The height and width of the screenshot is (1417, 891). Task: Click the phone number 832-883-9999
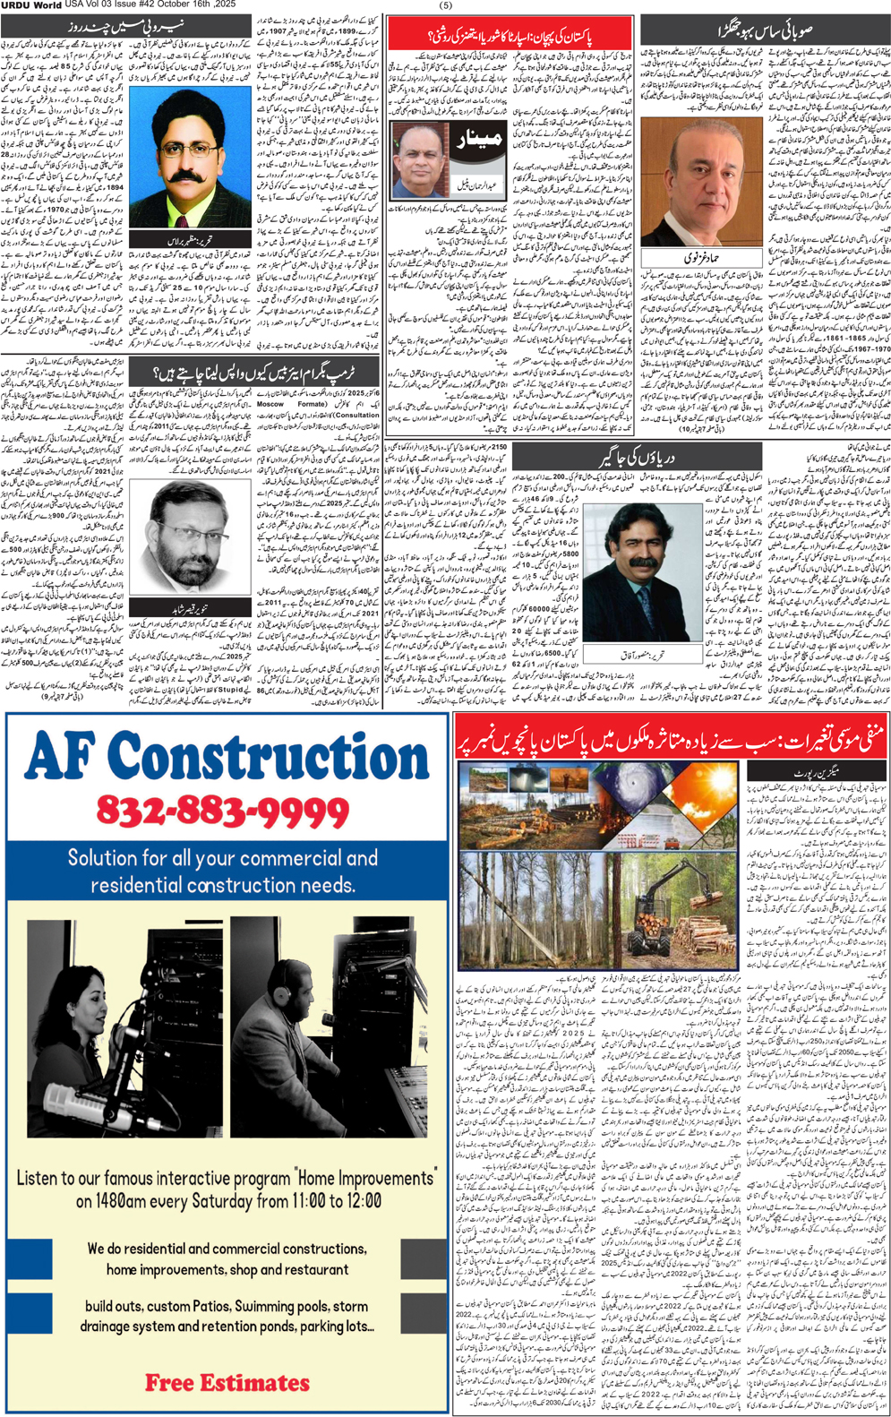pyautogui.click(x=222, y=812)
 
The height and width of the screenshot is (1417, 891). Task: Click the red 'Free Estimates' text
pyautogui.click(x=227, y=1382)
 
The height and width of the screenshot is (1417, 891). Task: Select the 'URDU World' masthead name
pyautogui.click(x=31, y=5)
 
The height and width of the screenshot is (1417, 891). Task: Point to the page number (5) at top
pyautogui.click(x=446, y=5)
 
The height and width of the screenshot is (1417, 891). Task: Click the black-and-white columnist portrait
pyautogui.click(x=188, y=537)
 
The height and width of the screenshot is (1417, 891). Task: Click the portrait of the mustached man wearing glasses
pyautogui.click(x=190, y=157)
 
